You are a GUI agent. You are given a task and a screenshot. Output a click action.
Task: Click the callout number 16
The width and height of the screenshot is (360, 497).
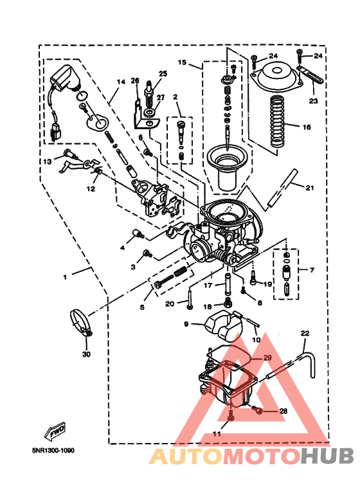pos(307,127)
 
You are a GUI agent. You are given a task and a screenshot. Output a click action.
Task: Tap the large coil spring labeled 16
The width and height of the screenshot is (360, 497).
pos(277,119)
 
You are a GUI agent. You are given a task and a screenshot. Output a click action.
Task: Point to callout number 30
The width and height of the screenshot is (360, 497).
pos(86,354)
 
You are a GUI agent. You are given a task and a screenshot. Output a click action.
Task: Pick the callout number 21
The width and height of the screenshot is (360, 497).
pos(310,188)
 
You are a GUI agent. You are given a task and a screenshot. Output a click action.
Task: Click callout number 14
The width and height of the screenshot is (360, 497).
pos(119,82)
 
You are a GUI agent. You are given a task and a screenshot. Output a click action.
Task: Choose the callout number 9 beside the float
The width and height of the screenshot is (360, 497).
pos(186,324)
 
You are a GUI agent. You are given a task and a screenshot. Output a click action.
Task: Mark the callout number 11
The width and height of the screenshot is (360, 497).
pos(217,435)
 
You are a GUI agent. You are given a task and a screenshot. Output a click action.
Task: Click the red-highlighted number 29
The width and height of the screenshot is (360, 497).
pos(267,357)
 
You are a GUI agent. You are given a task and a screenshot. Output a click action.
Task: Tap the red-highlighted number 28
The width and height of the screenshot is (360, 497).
pos(283,410)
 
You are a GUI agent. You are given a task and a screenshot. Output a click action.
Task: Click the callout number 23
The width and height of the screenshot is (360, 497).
pos(313,101)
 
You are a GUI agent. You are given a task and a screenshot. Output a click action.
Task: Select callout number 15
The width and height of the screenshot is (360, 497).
pos(182,63)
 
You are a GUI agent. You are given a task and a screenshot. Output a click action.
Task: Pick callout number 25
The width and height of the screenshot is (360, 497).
pos(162,74)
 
